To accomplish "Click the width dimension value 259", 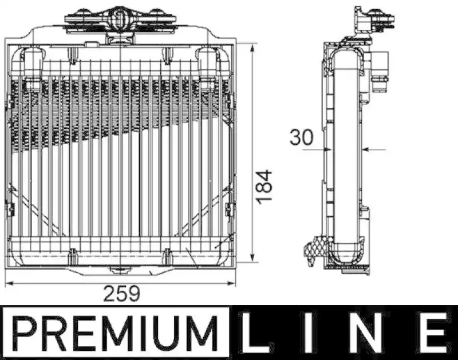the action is (122, 294).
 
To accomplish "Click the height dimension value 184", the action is (264, 186).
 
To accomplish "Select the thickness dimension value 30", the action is (301, 137).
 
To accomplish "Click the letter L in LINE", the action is (254, 333).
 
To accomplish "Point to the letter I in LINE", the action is (309, 333).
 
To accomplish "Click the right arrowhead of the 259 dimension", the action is (231, 283).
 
